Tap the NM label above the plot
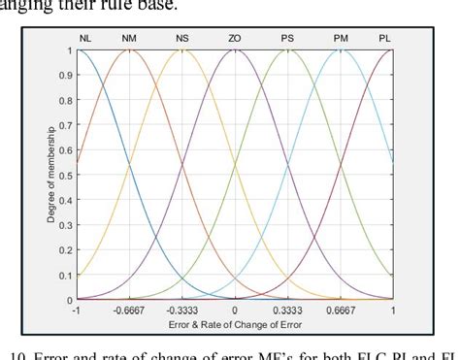pos(131,39)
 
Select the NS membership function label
pos(182,39)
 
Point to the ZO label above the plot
pos(235,39)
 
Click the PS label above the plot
pos(287,39)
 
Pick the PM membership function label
pos(341,39)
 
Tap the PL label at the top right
pos(385,39)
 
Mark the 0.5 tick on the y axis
pos(68,175)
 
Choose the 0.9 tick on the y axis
pos(68,75)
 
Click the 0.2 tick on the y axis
pos(68,249)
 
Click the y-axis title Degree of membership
pos(52,175)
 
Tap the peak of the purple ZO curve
pos(235,50)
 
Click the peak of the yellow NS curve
pos(182,50)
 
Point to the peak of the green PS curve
pos(287,50)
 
